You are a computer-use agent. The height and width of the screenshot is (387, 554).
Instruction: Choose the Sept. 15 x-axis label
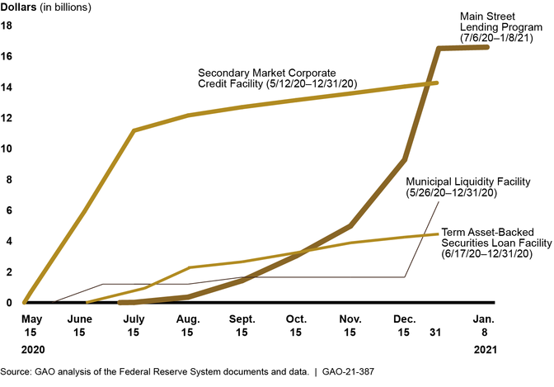click(x=242, y=323)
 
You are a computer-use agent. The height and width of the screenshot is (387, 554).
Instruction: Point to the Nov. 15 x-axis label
click(x=350, y=323)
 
